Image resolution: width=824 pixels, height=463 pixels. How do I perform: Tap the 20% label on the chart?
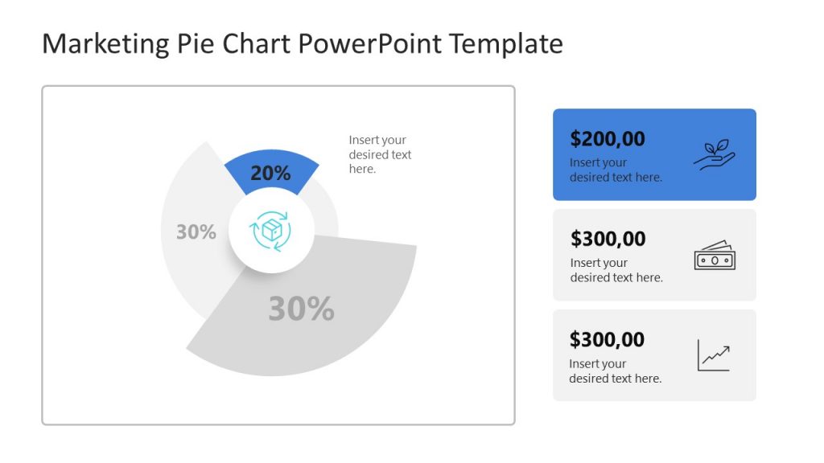coord(270,173)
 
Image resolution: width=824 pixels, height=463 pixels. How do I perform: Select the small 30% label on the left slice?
coord(196,232)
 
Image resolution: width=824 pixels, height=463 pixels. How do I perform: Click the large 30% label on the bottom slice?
coord(301,309)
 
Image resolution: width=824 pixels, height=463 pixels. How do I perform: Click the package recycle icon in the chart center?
coord(271,231)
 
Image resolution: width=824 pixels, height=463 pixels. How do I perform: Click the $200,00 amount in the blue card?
coord(608,139)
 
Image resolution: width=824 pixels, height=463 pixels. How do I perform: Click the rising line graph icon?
coord(714,354)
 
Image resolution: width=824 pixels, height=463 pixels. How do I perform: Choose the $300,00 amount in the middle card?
coord(608,239)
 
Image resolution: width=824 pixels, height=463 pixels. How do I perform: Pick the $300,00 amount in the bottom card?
coord(607,339)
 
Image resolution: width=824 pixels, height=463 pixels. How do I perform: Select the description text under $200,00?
coord(616,170)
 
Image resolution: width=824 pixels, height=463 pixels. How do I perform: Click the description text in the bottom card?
coord(615,371)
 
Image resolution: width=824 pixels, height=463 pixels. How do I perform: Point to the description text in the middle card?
coord(616,270)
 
